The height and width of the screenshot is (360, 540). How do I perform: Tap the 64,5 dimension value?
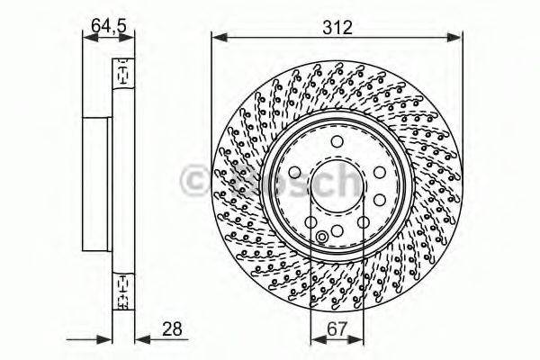[108, 24]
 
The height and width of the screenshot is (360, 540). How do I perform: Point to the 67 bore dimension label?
[337, 330]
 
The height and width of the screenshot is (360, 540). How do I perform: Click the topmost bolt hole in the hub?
[336, 141]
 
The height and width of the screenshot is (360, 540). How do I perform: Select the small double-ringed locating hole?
[323, 238]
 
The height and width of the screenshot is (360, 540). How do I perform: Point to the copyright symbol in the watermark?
[194, 179]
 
